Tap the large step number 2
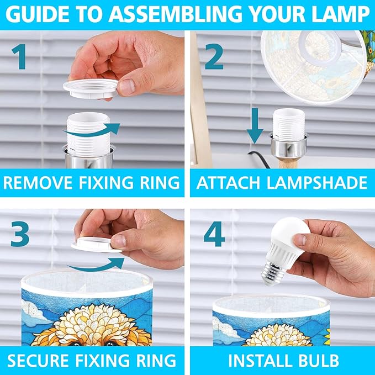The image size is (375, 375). [x=214, y=57]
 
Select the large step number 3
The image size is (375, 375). [x=20, y=234]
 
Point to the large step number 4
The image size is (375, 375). [x=214, y=234]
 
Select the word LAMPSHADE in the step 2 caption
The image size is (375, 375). [x=317, y=183]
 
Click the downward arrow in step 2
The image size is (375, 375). [x=255, y=125]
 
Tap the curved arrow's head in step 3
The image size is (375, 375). [x=117, y=263]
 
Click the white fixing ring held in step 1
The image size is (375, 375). [x=91, y=88]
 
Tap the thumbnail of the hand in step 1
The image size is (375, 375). [x=127, y=87]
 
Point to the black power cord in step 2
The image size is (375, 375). [x=260, y=159]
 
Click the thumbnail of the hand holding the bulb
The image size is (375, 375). [x=299, y=240]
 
